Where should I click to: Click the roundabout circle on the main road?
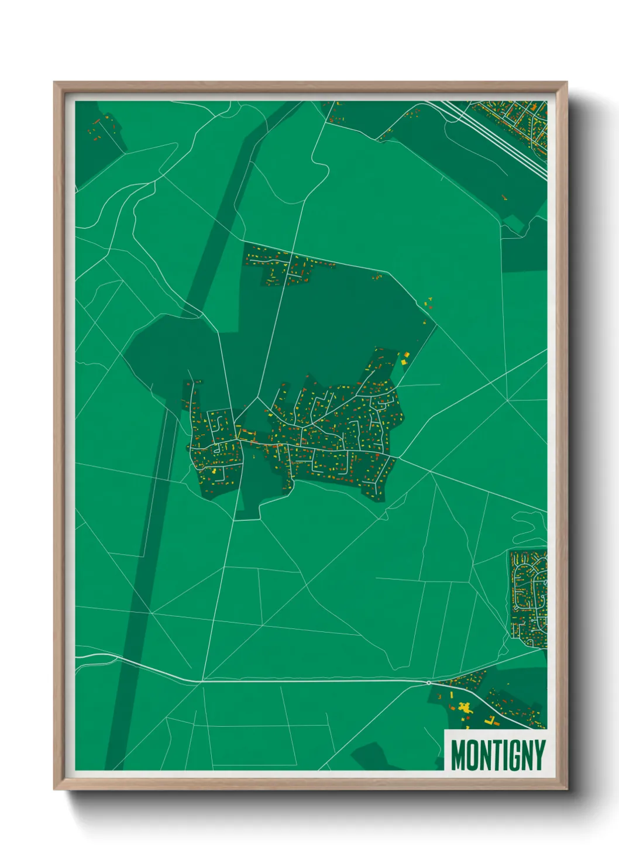(x=429, y=682)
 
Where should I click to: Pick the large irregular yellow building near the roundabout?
(x=465, y=707)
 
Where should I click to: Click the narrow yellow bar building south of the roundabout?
(x=451, y=696)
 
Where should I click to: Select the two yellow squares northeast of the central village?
(x=404, y=358)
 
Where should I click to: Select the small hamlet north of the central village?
(x=287, y=268)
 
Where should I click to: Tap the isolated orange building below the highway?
(x=504, y=198)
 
